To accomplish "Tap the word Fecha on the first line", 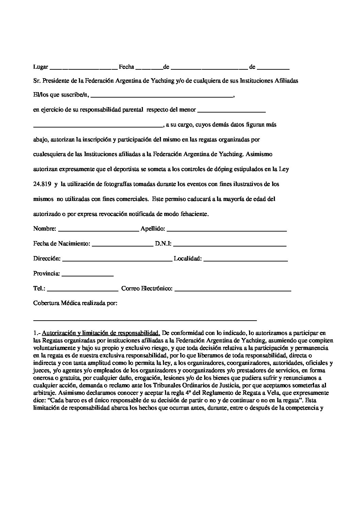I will (x=126, y=67).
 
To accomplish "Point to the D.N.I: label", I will (x=163, y=244).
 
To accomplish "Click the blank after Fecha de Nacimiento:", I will (x=122, y=245).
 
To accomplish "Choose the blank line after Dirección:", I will (x=117, y=260).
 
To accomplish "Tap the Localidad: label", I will (x=188, y=259).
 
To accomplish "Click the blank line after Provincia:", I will (x=87, y=275).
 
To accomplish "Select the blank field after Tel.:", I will (x=83, y=290).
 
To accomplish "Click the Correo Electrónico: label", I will (x=147, y=289).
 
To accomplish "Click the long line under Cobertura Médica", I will (x=145, y=320).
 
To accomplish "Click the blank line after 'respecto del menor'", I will (x=231, y=112).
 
